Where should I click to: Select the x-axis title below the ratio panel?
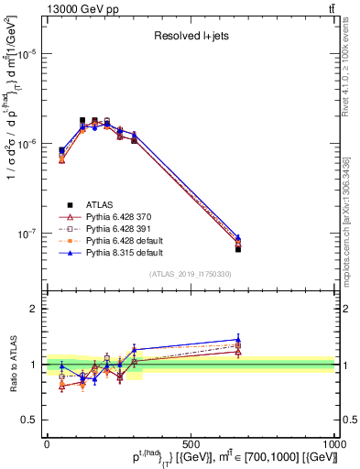(x=220, y=459)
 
